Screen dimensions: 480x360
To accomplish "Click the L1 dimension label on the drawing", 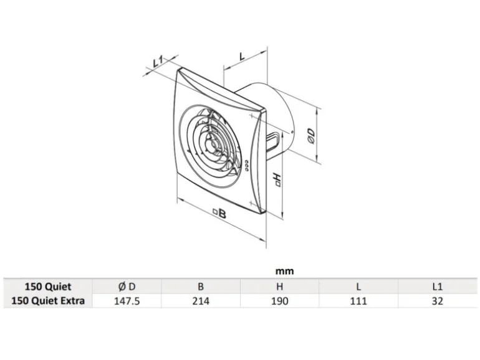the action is [158, 62].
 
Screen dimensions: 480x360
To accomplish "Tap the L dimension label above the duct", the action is [242, 57].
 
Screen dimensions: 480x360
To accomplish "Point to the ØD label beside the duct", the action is [310, 136].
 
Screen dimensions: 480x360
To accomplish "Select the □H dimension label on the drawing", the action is [277, 180].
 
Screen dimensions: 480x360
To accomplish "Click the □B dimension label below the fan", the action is [219, 213].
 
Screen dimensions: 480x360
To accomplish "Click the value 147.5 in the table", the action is [127, 301].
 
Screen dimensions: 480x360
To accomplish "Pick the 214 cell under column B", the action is [201, 301].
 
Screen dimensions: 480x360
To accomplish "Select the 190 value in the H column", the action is [279, 301].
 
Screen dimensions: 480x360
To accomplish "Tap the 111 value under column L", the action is [358, 301].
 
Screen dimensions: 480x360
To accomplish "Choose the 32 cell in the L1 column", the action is [437, 301].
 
